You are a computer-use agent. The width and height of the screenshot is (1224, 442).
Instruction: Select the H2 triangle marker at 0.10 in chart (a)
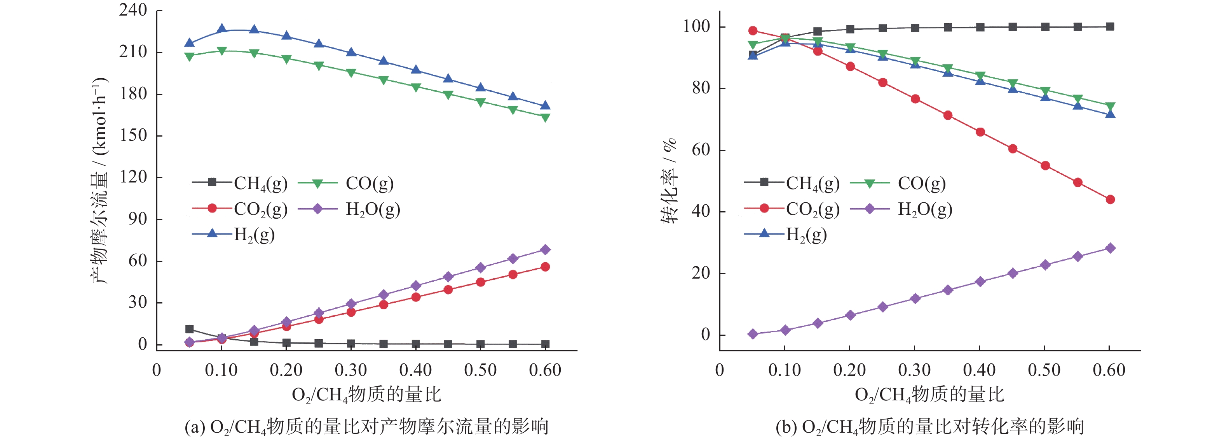pyautogui.click(x=222, y=30)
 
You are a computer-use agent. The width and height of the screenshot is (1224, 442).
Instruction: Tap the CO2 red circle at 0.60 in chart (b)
pyautogui.click(x=1111, y=199)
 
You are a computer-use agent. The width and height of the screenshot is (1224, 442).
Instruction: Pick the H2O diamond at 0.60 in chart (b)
pyautogui.click(x=1111, y=248)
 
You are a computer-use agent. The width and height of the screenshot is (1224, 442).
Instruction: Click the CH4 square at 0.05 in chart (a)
pyautogui.click(x=190, y=329)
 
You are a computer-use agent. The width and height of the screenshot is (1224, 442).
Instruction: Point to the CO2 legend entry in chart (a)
pyautogui.click(x=240, y=209)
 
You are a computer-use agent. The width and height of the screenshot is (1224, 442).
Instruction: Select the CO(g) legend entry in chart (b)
pyautogui.click(x=898, y=183)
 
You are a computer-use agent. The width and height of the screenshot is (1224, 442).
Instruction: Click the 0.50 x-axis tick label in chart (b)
pyautogui.click(x=1044, y=370)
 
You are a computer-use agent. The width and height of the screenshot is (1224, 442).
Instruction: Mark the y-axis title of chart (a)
pyautogui.click(x=100, y=181)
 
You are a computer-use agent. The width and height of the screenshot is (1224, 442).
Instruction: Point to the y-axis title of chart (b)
pyautogui.click(x=669, y=181)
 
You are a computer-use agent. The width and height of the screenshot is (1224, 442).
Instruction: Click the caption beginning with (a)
pyautogui.click(x=366, y=426)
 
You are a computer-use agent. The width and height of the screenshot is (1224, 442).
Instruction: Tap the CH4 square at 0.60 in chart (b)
pyautogui.click(x=1111, y=26)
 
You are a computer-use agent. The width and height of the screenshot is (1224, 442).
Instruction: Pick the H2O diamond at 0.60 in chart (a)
pyautogui.click(x=546, y=250)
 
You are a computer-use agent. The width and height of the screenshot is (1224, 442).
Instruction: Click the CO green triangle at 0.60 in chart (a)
pyautogui.click(x=546, y=117)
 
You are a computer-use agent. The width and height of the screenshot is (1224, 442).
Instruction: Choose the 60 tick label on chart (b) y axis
pyautogui.click(x=701, y=150)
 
